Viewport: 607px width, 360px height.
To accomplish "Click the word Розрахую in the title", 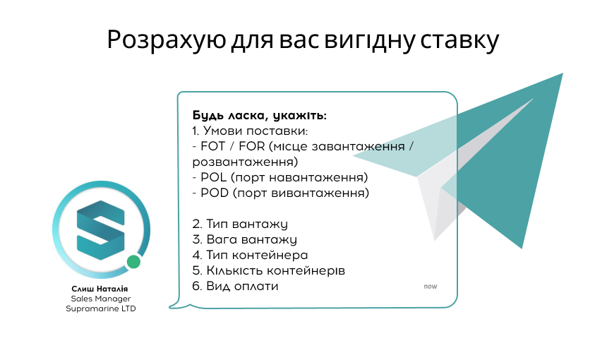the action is pyautogui.click(x=167, y=40).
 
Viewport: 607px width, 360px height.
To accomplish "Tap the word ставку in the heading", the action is pyautogui.click(x=459, y=40).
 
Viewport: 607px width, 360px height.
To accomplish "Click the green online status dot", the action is pyautogui.click(x=133, y=262).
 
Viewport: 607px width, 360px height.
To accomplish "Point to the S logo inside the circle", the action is pyautogui.click(x=101, y=230).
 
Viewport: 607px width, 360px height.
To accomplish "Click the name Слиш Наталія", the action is pyautogui.click(x=100, y=289).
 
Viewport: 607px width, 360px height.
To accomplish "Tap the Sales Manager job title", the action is pyautogui.click(x=101, y=299).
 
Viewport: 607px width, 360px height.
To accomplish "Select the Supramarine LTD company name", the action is pyautogui.click(x=101, y=309).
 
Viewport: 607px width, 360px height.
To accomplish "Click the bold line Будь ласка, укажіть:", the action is pyautogui.click(x=259, y=116).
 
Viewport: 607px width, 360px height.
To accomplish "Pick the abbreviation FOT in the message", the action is pyautogui.click(x=213, y=146).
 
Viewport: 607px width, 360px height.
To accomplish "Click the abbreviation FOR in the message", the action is pyautogui.click(x=252, y=146).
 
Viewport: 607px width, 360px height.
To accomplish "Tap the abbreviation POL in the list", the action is pyautogui.click(x=213, y=177).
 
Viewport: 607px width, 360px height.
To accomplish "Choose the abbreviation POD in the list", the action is pyautogui.click(x=215, y=193).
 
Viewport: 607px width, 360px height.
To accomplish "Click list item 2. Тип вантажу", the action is pyautogui.click(x=240, y=224).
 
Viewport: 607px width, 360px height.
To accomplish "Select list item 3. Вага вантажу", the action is pyautogui.click(x=245, y=239).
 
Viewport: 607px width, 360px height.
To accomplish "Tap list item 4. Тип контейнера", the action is pyautogui.click(x=250, y=255).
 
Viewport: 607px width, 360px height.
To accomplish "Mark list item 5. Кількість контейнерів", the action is pyautogui.click(x=269, y=270).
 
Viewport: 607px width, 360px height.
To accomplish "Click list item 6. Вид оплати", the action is pyautogui.click(x=235, y=286).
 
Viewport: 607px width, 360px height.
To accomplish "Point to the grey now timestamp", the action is pyautogui.click(x=431, y=287).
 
